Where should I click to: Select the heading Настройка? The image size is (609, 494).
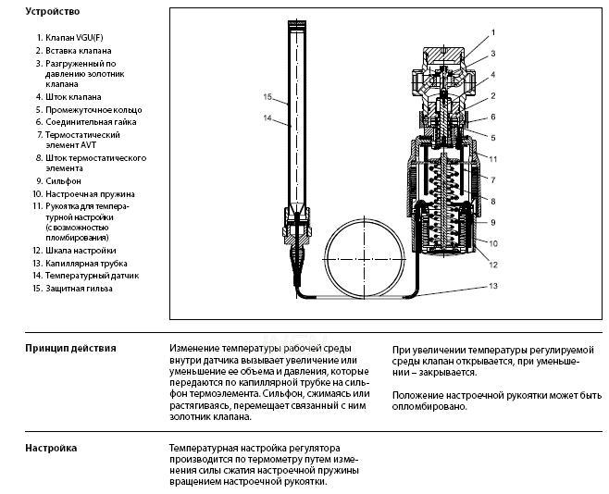[x=51, y=448]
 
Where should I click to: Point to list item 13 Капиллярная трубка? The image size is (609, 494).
[x=77, y=264]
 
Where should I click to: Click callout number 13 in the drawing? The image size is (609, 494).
[x=493, y=287]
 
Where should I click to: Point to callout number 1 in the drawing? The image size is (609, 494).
[x=493, y=32]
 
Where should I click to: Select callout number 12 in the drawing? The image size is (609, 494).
[x=493, y=266]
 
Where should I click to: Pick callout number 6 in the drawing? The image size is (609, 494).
[x=493, y=117]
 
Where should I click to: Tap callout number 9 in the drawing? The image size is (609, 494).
[x=493, y=223]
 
